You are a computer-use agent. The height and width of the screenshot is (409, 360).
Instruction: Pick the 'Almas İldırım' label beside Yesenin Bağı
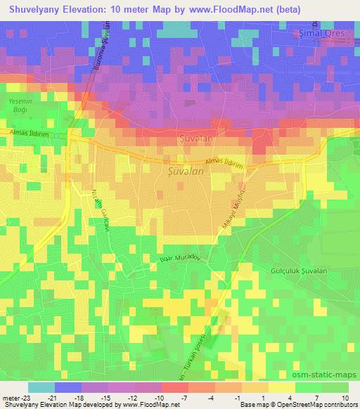click(x=28, y=132)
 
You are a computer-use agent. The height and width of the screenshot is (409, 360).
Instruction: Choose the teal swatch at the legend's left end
click(x=41, y=387)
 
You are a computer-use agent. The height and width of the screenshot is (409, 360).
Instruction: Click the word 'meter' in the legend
click(x=9, y=397)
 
